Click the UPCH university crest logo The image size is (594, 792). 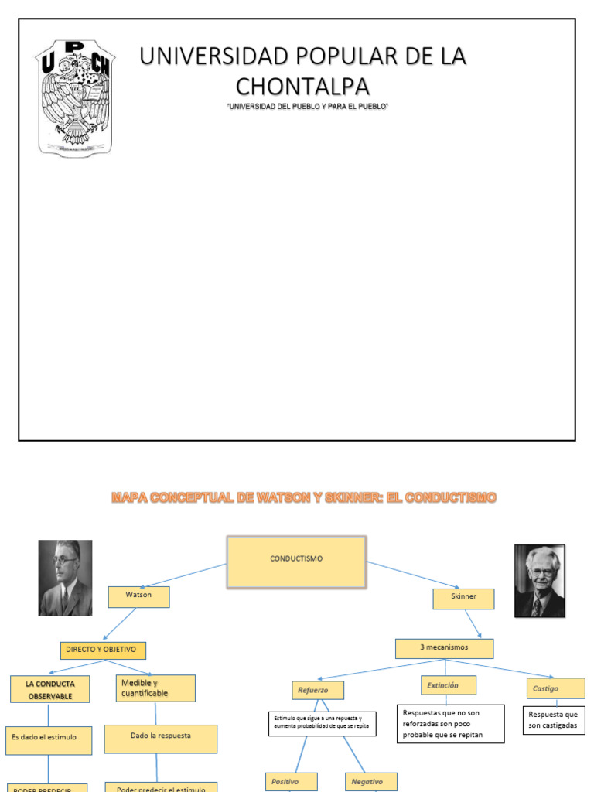pyautogui.click(x=76, y=97)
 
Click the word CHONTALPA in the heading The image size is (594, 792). pyautogui.click(x=302, y=85)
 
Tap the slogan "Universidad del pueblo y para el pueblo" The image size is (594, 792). pyautogui.click(x=307, y=106)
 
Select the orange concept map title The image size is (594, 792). pyautogui.click(x=304, y=498)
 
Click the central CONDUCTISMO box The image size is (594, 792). pyautogui.click(x=296, y=560)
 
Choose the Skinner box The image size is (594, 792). pyautogui.click(x=463, y=598)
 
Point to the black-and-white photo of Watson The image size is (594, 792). pyautogui.click(x=66, y=577)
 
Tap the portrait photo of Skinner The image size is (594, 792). pyautogui.click(x=540, y=580)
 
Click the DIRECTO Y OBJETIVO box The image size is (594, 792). pyautogui.click(x=104, y=650)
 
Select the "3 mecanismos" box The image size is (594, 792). pyautogui.click(x=444, y=648)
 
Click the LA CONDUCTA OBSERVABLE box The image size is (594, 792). pyautogui.click(x=49, y=689)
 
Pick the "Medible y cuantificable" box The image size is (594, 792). pyautogui.click(x=155, y=688)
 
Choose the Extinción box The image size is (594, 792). pyautogui.click(x=449, y=685)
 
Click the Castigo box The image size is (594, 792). pyautogui.click(x=553, y=688)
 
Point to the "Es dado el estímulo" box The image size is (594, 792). pyautogui.click(x=49, y=738)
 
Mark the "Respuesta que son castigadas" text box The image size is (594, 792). pyautogui.click(x=554, y=720)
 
